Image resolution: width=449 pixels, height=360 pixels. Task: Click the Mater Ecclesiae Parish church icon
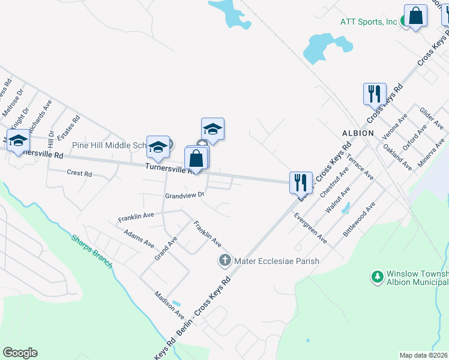pyautogui.click(x=224, y=260)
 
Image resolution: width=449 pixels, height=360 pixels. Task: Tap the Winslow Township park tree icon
pyautogui.click(x=378, y=277)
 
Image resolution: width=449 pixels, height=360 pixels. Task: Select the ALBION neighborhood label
pyautogui.click(x=358, y=133)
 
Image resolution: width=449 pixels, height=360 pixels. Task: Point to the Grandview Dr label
pyautogui.click(x=185, y=195)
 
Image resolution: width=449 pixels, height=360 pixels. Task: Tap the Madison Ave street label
pyautogui.click(x=169, y=304)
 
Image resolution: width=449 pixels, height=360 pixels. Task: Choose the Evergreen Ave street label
pyautogui.click(x=310, y=228)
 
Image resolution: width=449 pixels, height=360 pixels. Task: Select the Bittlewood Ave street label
pyautogui.click(x=358, y=220)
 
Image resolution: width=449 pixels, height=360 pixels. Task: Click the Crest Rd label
pyautogui.click(x=79, y=173)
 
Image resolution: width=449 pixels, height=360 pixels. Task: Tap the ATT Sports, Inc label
pyautogui.click(x=369, y=22)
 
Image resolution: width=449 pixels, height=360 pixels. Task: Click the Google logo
pyautogui.click(x=20, y=353)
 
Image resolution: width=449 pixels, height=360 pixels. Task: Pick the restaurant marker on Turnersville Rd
pyautogui.click(x=301, y=181)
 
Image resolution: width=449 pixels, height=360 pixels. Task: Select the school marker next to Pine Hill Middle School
pyautogui.click(x=158, y=146)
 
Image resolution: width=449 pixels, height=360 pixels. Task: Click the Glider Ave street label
pyautogui.click(x=431, y=119)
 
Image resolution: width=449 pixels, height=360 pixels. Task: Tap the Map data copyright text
pyautogui.click(x=424, y=355)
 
